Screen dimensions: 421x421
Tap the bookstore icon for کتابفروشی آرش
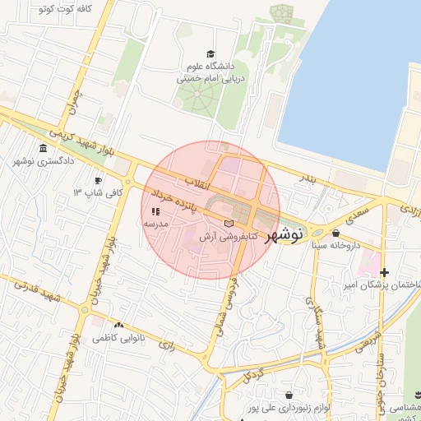point(229,224)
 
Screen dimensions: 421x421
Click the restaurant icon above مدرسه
point(156,212)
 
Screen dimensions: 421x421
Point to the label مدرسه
point(156,224)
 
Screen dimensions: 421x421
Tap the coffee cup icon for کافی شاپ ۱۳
point(99,180)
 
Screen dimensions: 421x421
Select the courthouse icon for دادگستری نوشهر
point(43,149)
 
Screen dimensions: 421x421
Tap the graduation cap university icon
point(210,53)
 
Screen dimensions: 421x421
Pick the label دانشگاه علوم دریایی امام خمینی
point(210,73)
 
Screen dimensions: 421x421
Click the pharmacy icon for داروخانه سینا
point(335,234)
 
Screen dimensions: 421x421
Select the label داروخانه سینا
point(335,245)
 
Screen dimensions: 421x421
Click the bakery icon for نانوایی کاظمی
point(120,326)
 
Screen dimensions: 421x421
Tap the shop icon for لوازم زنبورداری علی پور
point(289,396)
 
